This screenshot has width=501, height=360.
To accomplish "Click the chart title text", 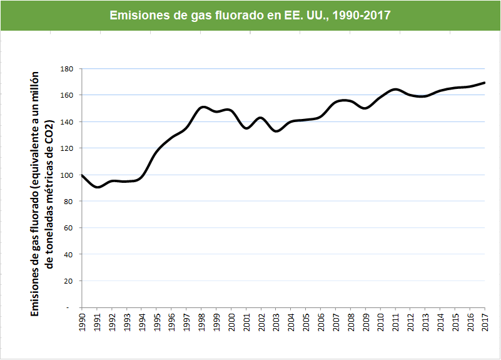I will [250, 15].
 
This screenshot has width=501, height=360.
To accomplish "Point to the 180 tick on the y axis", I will [67, 69].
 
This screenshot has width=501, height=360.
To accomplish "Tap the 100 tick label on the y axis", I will [67, 175].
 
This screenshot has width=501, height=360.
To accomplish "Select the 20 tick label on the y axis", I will [69, 280].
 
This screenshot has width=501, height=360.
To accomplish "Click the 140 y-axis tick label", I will [67, 121].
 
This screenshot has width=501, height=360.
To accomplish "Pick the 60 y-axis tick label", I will [69, 228].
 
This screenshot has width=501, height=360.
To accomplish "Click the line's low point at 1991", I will [97, 187].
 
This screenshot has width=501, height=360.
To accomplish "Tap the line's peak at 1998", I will [202, 107].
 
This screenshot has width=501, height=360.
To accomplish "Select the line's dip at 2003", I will [276, 131].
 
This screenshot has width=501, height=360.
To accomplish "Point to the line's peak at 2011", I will [396, 90].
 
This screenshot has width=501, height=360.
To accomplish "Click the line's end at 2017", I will [485, 83].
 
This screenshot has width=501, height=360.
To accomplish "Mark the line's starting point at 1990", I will [82, 175].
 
